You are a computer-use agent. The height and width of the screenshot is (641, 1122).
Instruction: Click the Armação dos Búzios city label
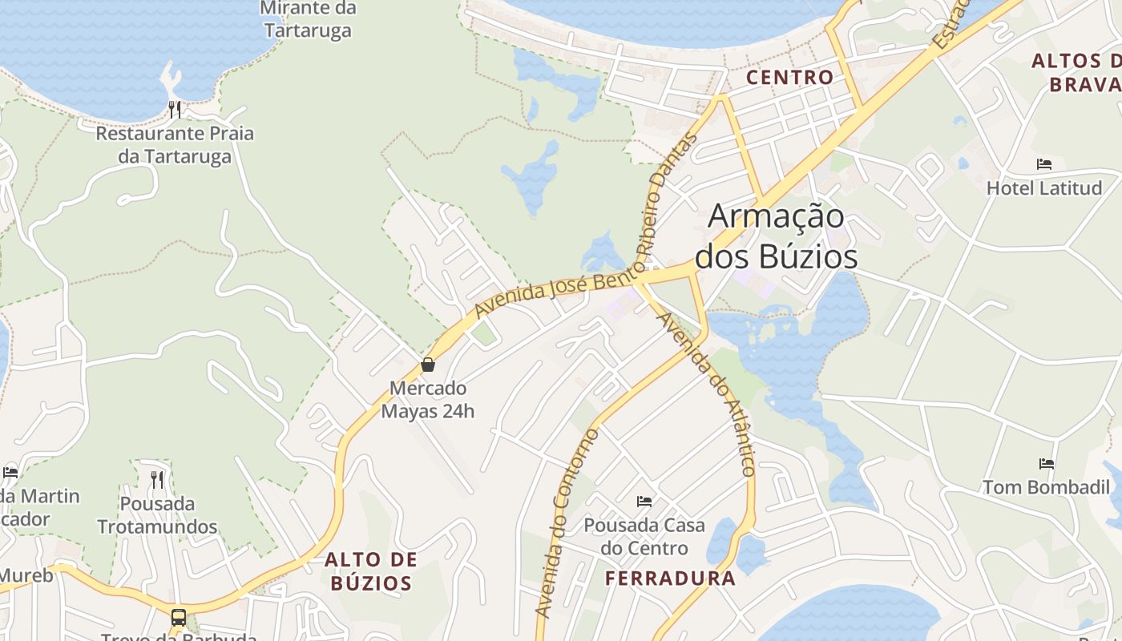point(776,237)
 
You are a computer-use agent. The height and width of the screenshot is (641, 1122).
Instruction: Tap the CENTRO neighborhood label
point(789,77)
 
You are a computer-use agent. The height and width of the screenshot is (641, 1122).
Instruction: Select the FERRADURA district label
point(670,579)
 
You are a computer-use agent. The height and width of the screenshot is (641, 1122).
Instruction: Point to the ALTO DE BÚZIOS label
point(371,570)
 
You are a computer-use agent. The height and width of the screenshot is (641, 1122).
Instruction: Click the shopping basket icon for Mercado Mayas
point(428,365)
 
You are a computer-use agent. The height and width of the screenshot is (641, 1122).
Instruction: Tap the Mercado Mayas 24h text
point(427,400)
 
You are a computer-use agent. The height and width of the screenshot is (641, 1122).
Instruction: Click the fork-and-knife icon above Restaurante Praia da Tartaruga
point(175,109)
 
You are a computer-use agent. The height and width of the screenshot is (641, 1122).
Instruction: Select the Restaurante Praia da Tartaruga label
point(175,144)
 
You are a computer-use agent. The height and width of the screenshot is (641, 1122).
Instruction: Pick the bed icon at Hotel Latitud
point(1043,164)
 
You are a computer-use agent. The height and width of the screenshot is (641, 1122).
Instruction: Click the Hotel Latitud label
point(1043,188)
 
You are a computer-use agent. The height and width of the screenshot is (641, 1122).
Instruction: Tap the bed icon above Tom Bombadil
point(1046,463)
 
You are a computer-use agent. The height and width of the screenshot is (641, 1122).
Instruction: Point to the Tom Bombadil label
point(1046,487)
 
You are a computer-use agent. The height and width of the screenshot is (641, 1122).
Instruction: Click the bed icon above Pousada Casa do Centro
point(644,502)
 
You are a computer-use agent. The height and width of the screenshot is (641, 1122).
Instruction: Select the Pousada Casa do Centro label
point(644,537)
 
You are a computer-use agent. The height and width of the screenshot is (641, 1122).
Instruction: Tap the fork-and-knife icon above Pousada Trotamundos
point(157,480)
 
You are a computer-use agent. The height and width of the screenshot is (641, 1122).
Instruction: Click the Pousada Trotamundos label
point(157,515)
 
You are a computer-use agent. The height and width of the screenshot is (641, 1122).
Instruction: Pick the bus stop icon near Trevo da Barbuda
point(178,618)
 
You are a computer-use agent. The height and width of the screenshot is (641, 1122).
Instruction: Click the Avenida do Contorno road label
point(567,525)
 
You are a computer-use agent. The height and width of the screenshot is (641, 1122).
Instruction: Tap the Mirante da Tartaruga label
point(308,19)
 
